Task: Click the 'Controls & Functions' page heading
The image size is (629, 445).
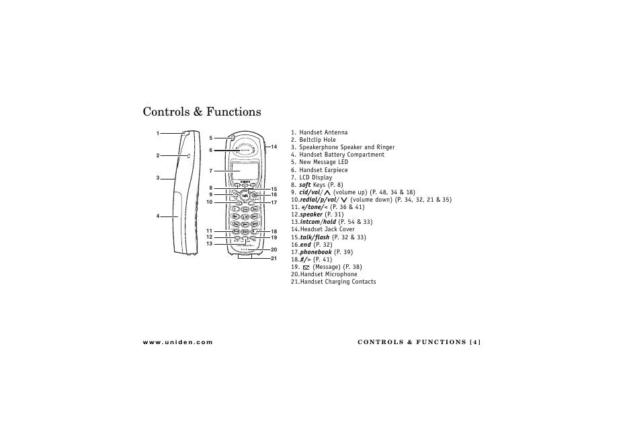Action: pos(202,112)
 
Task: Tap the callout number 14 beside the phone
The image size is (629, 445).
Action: pos(274,147)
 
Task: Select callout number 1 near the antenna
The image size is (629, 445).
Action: pos(158,133)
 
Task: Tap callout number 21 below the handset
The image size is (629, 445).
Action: pos(274,259)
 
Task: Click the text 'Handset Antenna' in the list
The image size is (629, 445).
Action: pos(323,132)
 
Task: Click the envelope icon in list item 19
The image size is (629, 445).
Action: pos(306,267)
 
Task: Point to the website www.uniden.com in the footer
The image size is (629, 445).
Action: pos(177,342)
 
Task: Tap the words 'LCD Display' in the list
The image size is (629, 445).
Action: pos(316,177)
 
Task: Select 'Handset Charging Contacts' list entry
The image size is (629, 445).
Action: pos(338,282)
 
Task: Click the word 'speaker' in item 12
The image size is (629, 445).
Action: pos(311,214)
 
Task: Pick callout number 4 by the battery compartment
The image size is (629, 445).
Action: pos(158,216)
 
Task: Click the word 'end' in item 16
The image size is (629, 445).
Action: pos(306,245)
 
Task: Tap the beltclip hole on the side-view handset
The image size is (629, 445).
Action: pos(190,156)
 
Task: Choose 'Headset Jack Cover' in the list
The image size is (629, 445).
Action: pos(327,229)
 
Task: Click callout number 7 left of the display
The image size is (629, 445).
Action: pos(210,171)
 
